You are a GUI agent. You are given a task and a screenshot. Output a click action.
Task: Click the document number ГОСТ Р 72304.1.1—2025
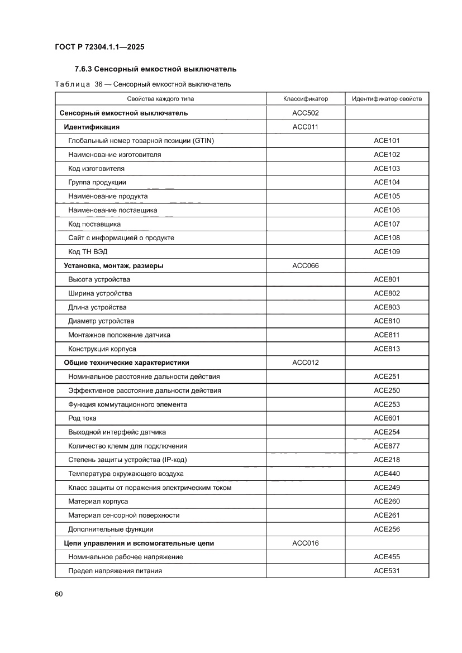[x=99, y=47]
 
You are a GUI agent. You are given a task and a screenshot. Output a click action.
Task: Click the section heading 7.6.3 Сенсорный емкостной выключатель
[x=155, y=69]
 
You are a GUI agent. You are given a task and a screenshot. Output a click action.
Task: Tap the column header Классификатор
[x=305, y=99]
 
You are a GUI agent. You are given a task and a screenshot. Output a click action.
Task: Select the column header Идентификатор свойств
[x=387, y=99]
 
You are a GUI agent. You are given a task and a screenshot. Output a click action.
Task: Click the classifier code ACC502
[x=305, y=113]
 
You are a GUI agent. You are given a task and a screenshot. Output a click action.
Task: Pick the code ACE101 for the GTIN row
[x=387, y=141]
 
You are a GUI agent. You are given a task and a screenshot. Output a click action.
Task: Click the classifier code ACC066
[x=305, y=265]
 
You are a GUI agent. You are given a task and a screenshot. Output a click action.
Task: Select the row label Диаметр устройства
[x=101, y=321]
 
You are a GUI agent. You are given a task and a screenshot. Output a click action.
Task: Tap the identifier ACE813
[x=387, y=349]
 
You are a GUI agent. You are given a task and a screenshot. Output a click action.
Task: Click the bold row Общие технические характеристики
[x=127, y=363]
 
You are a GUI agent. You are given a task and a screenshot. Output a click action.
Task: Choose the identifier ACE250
[x=387, y=390]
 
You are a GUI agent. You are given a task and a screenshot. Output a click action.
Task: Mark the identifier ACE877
[x=387, y=446]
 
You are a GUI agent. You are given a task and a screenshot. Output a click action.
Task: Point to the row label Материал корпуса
[x=98, y=501]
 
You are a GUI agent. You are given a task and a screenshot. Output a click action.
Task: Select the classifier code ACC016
[x=305, y=543]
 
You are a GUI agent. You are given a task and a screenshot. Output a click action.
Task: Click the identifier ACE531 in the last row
[x=387, y=571]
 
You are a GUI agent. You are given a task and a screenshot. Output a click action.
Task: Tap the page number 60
[x=59, y=593]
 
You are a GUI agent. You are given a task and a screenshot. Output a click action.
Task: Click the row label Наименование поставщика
[x=112, y=210]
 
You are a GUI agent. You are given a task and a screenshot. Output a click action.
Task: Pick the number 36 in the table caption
[x=99, y=84]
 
